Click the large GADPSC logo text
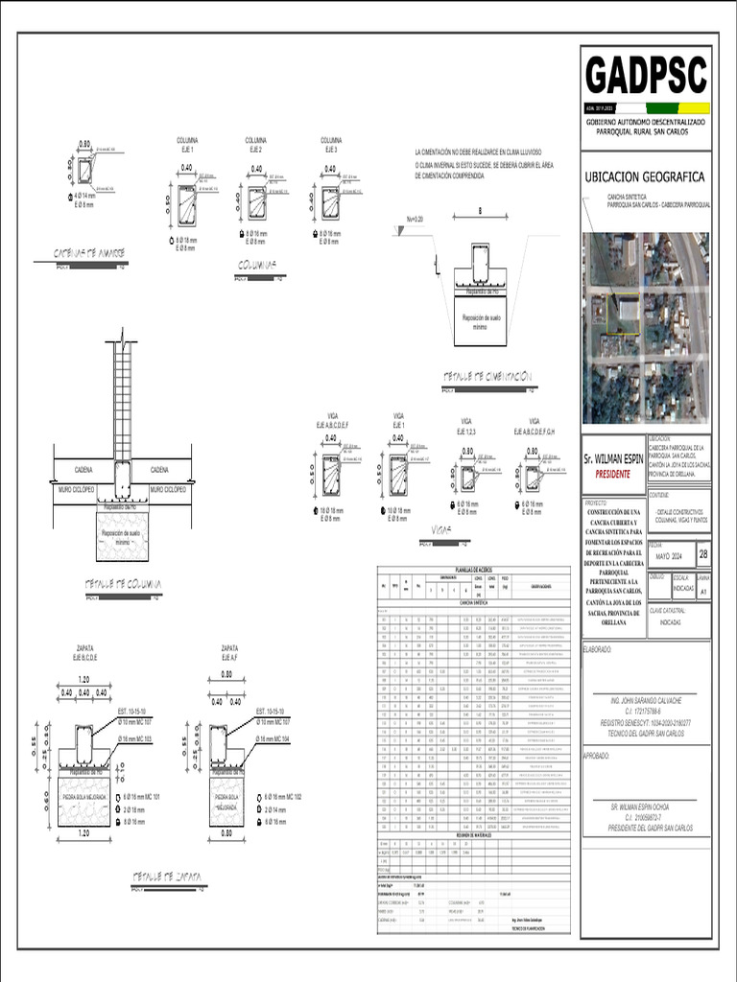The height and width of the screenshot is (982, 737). [646, 76]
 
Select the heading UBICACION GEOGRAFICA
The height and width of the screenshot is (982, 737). [645, 177]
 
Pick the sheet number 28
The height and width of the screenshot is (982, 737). [703, 554]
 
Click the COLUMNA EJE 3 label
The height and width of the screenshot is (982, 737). [331, 145]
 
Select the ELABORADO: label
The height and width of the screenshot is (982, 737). [598, 648]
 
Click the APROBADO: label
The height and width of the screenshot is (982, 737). [598, 756]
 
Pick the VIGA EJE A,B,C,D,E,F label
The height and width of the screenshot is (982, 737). [332, 420]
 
